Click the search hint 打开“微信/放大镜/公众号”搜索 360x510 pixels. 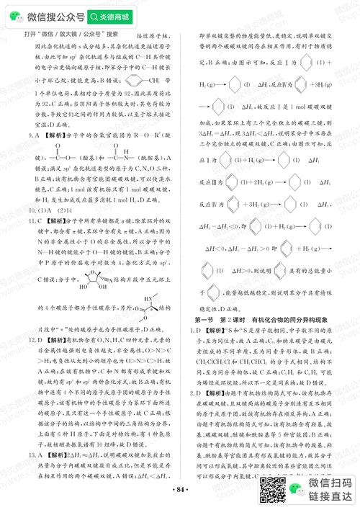click(x=61, y=33)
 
